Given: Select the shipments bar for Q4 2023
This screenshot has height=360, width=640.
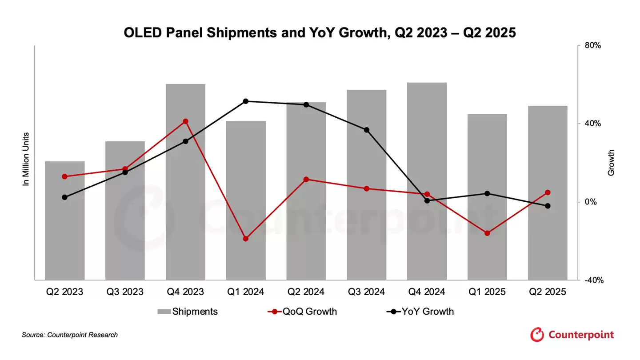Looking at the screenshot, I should point(185,182).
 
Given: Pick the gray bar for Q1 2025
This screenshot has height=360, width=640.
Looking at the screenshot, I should point(487,197).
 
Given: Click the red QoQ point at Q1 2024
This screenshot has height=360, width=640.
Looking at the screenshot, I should point(246,239).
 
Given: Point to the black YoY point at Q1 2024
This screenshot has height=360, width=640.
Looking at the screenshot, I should point(246,101).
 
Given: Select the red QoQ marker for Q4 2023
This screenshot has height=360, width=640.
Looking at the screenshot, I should point(185,121).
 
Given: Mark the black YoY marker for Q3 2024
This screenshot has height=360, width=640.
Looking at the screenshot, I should point(367,130).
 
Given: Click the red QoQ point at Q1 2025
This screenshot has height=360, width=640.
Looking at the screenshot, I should point(487,233).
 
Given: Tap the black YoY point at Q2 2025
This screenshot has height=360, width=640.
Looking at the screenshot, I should point(548,206).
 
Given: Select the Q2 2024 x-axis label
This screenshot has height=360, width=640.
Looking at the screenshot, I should point(306,292).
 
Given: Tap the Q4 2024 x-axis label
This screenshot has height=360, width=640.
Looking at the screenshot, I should point(427,292).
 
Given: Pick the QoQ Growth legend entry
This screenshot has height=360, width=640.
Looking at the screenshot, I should point(302,312).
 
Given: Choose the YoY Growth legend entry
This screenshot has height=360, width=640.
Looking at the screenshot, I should point(420,312).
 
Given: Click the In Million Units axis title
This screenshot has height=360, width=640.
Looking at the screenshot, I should point(26,159).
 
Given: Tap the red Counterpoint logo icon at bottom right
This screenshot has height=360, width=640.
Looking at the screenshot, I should point(537,335).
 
